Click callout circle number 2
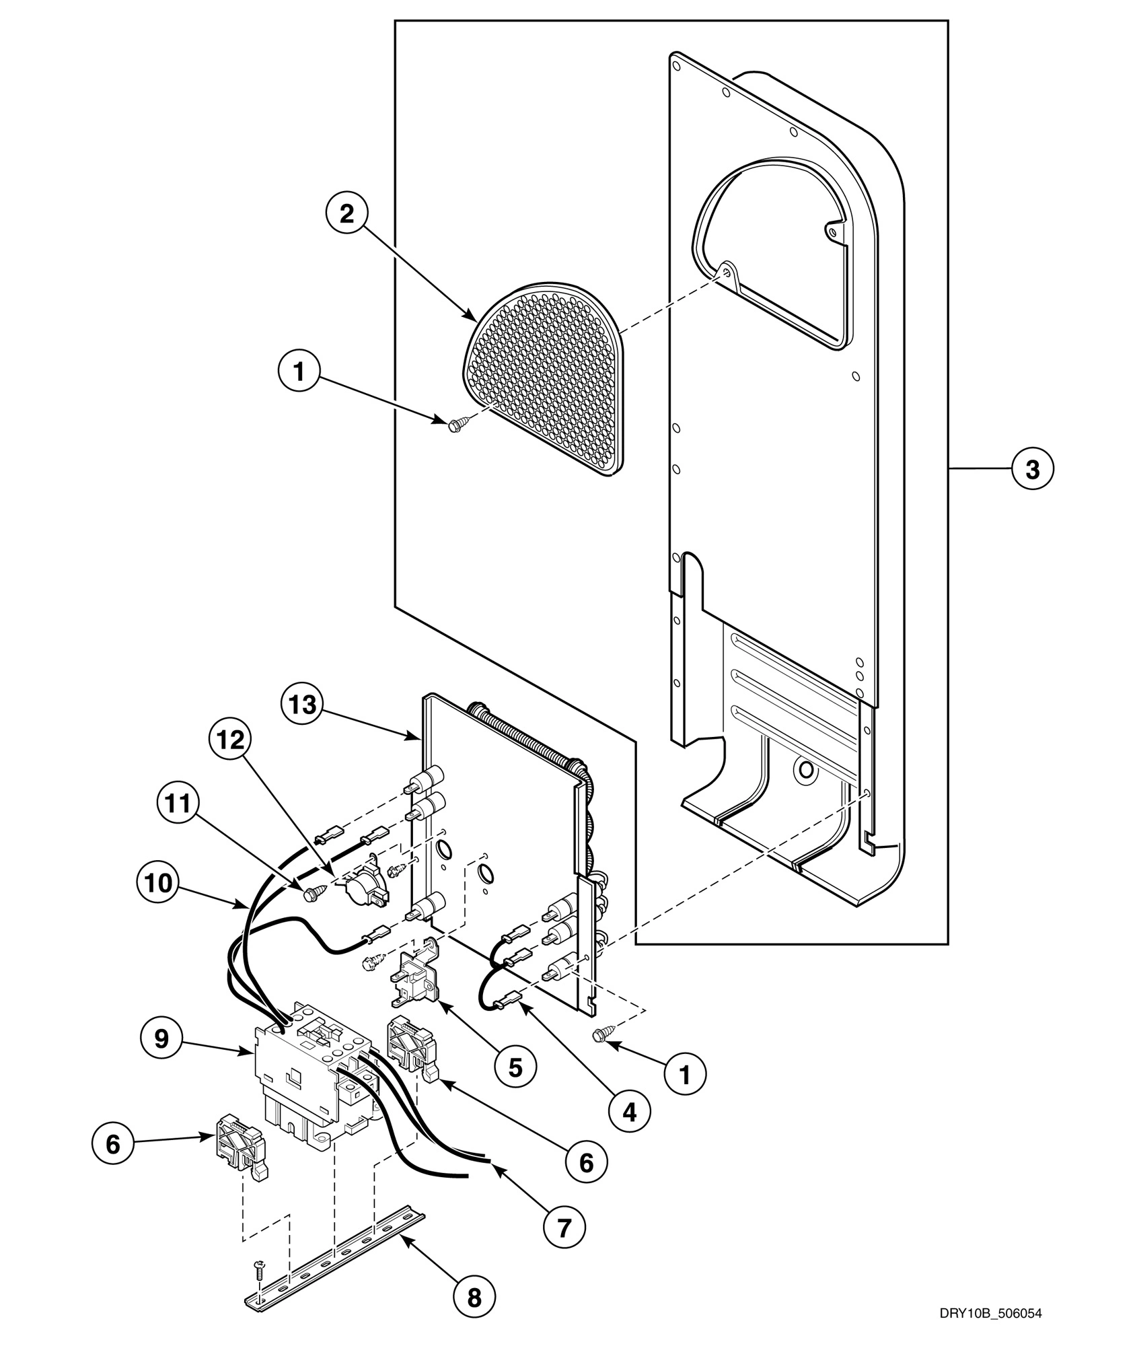coord(346,213)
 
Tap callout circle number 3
coord(1032,468)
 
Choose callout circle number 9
coord(161,1038)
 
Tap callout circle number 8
coord(474,1296)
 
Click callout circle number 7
coord(564,1227)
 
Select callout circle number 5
coord(515,1067)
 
